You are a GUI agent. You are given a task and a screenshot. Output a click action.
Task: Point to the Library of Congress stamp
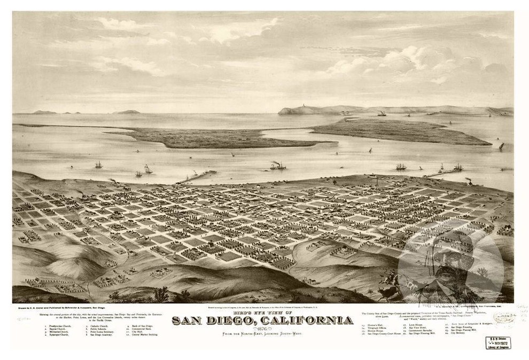click(498, 342)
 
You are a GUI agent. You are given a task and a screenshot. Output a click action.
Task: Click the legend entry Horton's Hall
click(377, 325)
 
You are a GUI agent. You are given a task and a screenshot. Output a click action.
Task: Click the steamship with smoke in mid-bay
click(277, 166)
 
